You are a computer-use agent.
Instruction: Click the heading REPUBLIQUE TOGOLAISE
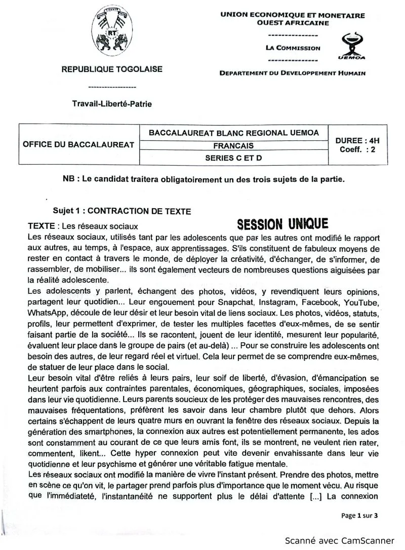(x=112, y=69)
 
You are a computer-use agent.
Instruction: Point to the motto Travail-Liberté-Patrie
(x=112, y=104)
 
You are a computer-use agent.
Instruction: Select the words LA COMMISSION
(x=293, y=48)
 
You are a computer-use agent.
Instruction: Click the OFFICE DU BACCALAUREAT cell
(x=78, y=144)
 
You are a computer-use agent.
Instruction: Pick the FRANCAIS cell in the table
(x=233, y=146)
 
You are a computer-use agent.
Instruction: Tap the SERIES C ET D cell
(x=233, y=158)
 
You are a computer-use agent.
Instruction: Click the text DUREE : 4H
(x=357, y=140)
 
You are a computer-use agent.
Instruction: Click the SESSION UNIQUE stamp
(x=282, y=224)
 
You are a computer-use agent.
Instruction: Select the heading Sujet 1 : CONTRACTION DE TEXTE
(x=122, y=211)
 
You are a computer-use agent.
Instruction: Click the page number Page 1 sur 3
(x=359, y=516)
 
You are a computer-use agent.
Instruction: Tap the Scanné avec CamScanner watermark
(x=339, y=540)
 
